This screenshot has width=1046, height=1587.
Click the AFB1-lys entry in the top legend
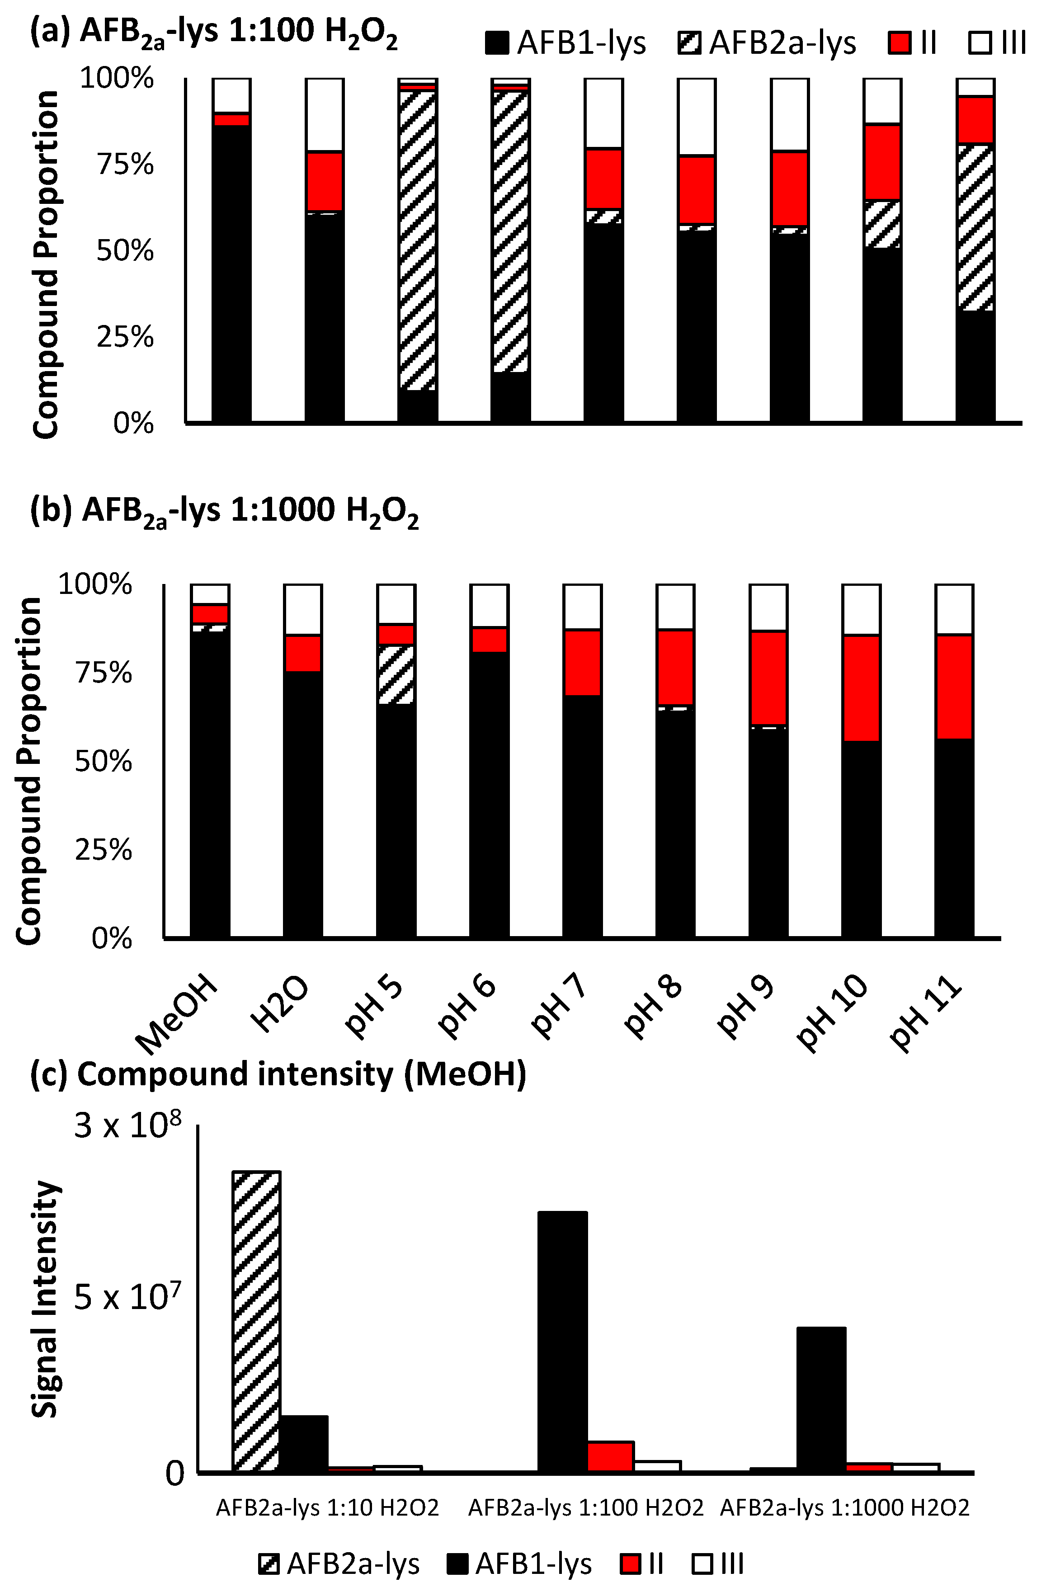[x=565, y=44]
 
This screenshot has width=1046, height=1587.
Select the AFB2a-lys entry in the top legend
[x=767, y=44]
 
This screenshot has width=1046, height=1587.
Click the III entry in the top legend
[x=997, y=44]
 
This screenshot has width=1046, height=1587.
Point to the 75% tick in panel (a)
[x=125, y=164]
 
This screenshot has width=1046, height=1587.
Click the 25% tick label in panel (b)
[x=104, y=851]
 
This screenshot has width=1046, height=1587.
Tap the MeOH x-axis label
[x=177, y=1014]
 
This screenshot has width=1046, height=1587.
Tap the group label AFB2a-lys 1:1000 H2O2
[x=844, y=1507]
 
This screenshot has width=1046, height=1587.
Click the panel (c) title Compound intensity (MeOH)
[x=279, y=1075]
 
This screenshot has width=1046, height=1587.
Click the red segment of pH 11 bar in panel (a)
[x=975, y=120]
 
